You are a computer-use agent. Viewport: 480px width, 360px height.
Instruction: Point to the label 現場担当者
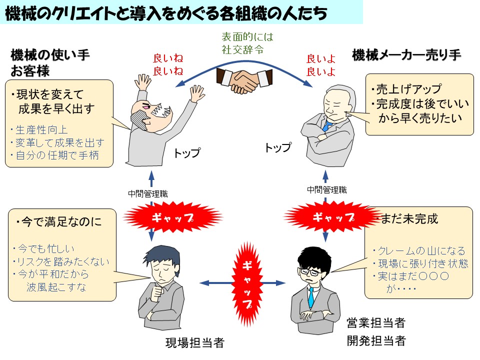pyautogui.click(x=194, y=343)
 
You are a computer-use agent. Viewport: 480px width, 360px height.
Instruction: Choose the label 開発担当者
pyautogui.click(x=376, y=341)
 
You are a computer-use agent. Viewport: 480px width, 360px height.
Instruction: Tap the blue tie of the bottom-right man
pyautogui.click(x=310, y=297)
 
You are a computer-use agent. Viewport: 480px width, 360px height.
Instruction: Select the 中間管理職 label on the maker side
pyautogui.click(x=326, y=189)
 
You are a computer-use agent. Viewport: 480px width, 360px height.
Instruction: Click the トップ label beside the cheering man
pyautogui.click(x=186, y=153)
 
